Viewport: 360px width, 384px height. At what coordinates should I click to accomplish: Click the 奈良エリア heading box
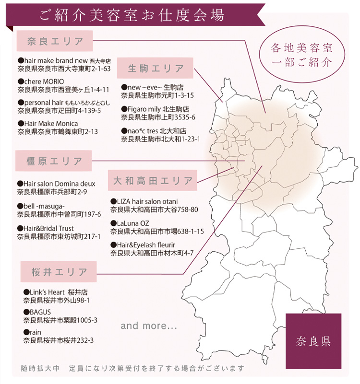click(55, 41)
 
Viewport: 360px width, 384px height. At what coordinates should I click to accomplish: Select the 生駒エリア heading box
click(155, 68)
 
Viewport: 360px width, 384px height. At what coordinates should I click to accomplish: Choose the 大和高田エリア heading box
click(153, 181)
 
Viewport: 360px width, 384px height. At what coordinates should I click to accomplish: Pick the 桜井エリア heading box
click(58, 271)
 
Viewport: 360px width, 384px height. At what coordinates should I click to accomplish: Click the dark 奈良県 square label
click(313, 341)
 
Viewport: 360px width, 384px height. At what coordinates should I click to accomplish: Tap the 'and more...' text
click(149, 326)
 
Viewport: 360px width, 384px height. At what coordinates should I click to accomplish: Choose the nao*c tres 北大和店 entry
click(154, 130)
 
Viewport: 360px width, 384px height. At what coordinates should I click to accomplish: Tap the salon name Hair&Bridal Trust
click(45, 228)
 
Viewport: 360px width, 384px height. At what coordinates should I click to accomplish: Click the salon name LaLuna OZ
click(130, 223)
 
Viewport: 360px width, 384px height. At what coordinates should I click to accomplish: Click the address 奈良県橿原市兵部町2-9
click(52, 192)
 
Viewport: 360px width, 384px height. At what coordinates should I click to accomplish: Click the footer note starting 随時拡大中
click(132, 369)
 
